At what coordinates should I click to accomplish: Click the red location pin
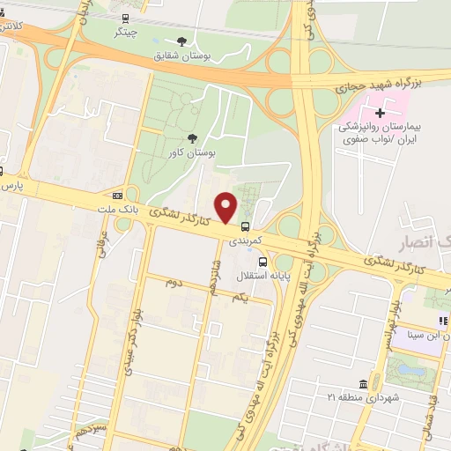(x=227, y=207)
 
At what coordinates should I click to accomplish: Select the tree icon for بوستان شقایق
(x=182, y=41)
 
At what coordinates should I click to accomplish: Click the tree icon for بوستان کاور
(x=193, y=137)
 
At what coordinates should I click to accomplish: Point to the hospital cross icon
(x=380, y=113)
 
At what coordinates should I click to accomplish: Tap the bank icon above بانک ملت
(x=117, y=195)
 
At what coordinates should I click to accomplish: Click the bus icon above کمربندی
(x=245, y=225)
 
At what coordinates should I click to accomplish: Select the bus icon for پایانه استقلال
(x=262, y=262)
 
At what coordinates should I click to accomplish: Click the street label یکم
(x=240, y=300)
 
